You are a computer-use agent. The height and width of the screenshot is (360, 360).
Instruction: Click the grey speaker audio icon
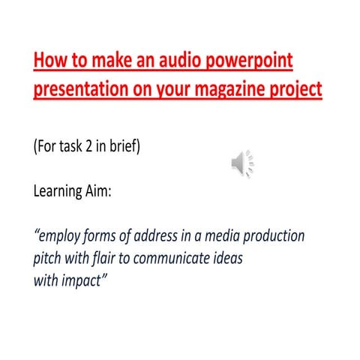point(242,162)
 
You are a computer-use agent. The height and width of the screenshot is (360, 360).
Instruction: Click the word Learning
point(61,191)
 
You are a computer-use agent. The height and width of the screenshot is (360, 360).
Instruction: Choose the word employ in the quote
point(64,236)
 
